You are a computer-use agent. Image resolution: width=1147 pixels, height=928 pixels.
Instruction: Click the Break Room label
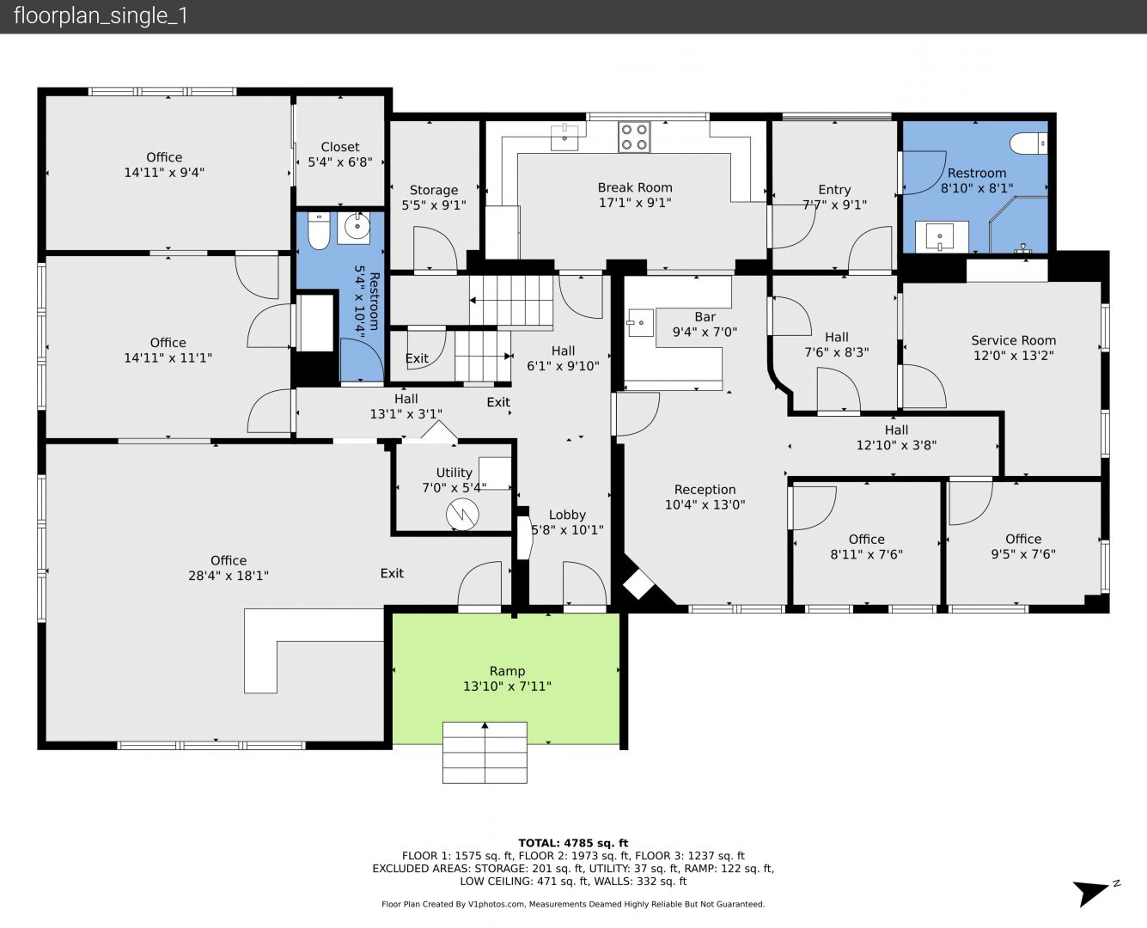pyautogui.click(x=635, y=187)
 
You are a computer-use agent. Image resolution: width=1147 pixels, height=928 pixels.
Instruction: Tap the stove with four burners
pyautogui.click(x=634, y=137)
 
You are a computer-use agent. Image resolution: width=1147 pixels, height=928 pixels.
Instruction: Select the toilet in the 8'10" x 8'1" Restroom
pyautogui.click(x=1028, y=143)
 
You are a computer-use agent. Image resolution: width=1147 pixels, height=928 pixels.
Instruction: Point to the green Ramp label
pyautogui.click(x=507, y=671)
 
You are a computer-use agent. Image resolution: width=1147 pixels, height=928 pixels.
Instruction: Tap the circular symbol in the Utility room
pyautogui.click(x=462, y=515)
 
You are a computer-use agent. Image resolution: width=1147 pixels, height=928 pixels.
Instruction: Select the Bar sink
pyautogui.click(x=640, y=322)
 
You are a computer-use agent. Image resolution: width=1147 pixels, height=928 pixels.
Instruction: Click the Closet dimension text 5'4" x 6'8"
pyautogui.click(x=339, y=162)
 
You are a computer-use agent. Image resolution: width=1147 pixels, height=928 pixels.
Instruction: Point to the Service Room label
pyautogui.click(x=1014, y=340)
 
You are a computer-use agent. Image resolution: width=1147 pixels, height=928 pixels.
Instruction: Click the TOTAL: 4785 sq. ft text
pyautogui.click(x=573, y=843)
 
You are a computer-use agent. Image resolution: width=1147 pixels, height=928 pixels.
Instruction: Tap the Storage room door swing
pyautogui.click(x=435, y=247)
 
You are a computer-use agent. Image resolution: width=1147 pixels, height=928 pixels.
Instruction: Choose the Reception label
pyautogui.click(x=705, y=490)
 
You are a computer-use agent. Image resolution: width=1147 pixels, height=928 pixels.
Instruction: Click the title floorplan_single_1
pyautogui.click(x=101, y=16)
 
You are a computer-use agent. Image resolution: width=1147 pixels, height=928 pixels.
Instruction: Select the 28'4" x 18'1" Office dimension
pyautogui.click(x=229, y=576)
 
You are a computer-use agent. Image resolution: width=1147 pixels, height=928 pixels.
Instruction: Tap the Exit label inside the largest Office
pyautogui.click(x=392, y=573)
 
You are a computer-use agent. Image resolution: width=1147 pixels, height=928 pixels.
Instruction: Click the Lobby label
pyautogui.click(x=567, y=515)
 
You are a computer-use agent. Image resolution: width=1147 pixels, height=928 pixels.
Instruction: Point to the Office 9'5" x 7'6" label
pyautogui.click(x=1023, y=546)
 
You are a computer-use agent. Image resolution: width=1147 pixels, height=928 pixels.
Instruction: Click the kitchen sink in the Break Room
pyautogui.click(x=564, y=137)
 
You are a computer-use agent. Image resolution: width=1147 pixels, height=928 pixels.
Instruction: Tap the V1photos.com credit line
pyautogui.click(x=573, y=904)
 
